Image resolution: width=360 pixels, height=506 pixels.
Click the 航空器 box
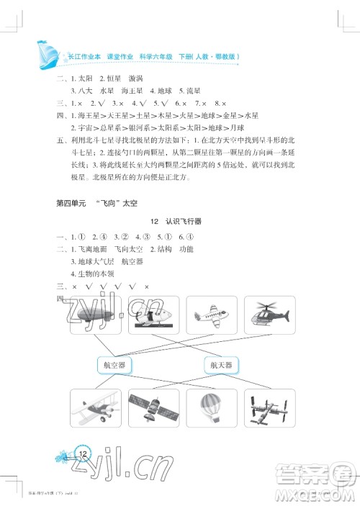(114, 366)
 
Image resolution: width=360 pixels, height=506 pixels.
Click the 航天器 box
(222, 366)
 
